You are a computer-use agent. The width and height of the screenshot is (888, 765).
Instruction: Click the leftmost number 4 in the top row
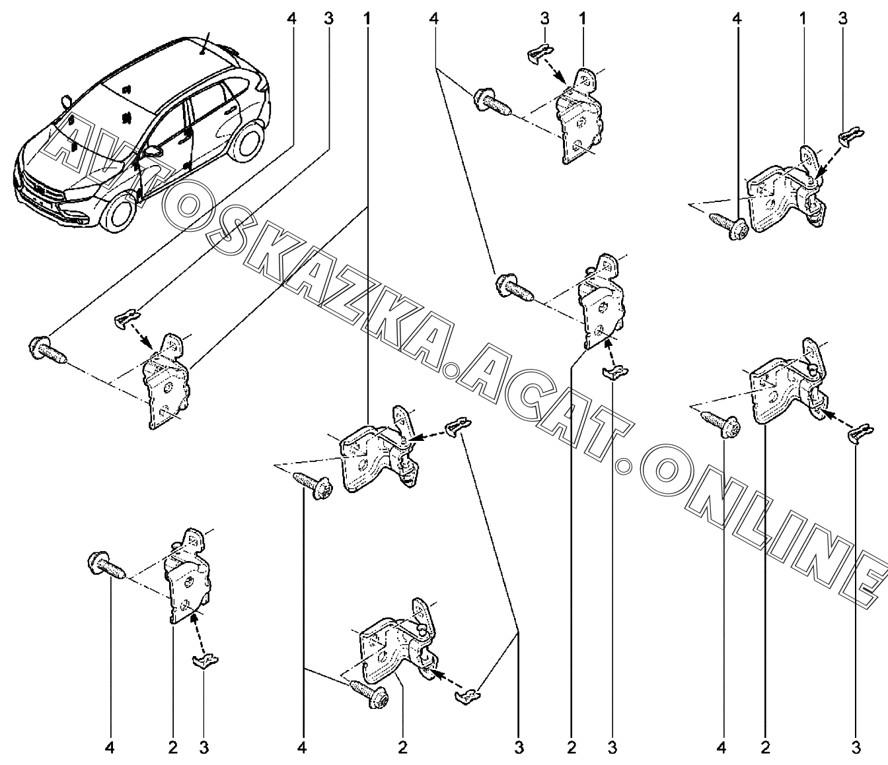(291, 19)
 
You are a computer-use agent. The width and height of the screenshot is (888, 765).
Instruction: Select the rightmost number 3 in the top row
(842, 19)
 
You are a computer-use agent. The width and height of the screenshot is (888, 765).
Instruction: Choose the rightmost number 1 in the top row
(802, 19)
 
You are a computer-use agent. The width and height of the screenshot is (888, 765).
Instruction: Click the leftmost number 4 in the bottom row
(110, 748)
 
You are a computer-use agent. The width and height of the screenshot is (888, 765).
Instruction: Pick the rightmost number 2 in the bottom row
(765, 748)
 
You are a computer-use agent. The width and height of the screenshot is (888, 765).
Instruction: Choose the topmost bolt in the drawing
(492, 102)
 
